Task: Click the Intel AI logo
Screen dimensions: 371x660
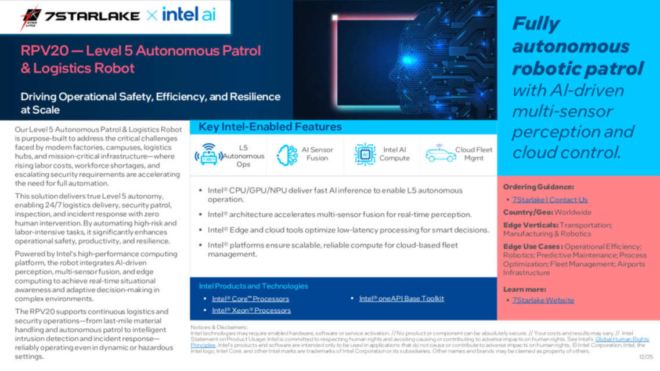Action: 189,15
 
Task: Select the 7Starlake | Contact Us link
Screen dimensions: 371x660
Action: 550,199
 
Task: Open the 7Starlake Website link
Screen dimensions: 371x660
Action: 543,300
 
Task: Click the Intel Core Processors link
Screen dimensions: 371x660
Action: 250,299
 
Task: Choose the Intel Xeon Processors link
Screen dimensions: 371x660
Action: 251,310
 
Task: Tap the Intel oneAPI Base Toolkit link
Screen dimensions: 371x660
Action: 401,299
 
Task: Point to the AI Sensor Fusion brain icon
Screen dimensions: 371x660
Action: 287,155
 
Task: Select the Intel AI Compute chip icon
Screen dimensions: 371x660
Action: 365,155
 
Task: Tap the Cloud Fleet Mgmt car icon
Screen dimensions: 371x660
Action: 441,154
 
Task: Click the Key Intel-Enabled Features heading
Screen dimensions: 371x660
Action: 270,127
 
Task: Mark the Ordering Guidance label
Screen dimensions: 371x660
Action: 538,187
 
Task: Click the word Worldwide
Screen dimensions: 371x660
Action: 573,212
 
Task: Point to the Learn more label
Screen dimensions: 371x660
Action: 524,289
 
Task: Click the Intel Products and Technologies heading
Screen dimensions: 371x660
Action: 253,286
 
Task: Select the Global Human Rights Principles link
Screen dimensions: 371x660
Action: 622,339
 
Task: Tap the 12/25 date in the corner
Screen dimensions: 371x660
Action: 645,357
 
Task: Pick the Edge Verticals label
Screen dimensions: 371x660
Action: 531,225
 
